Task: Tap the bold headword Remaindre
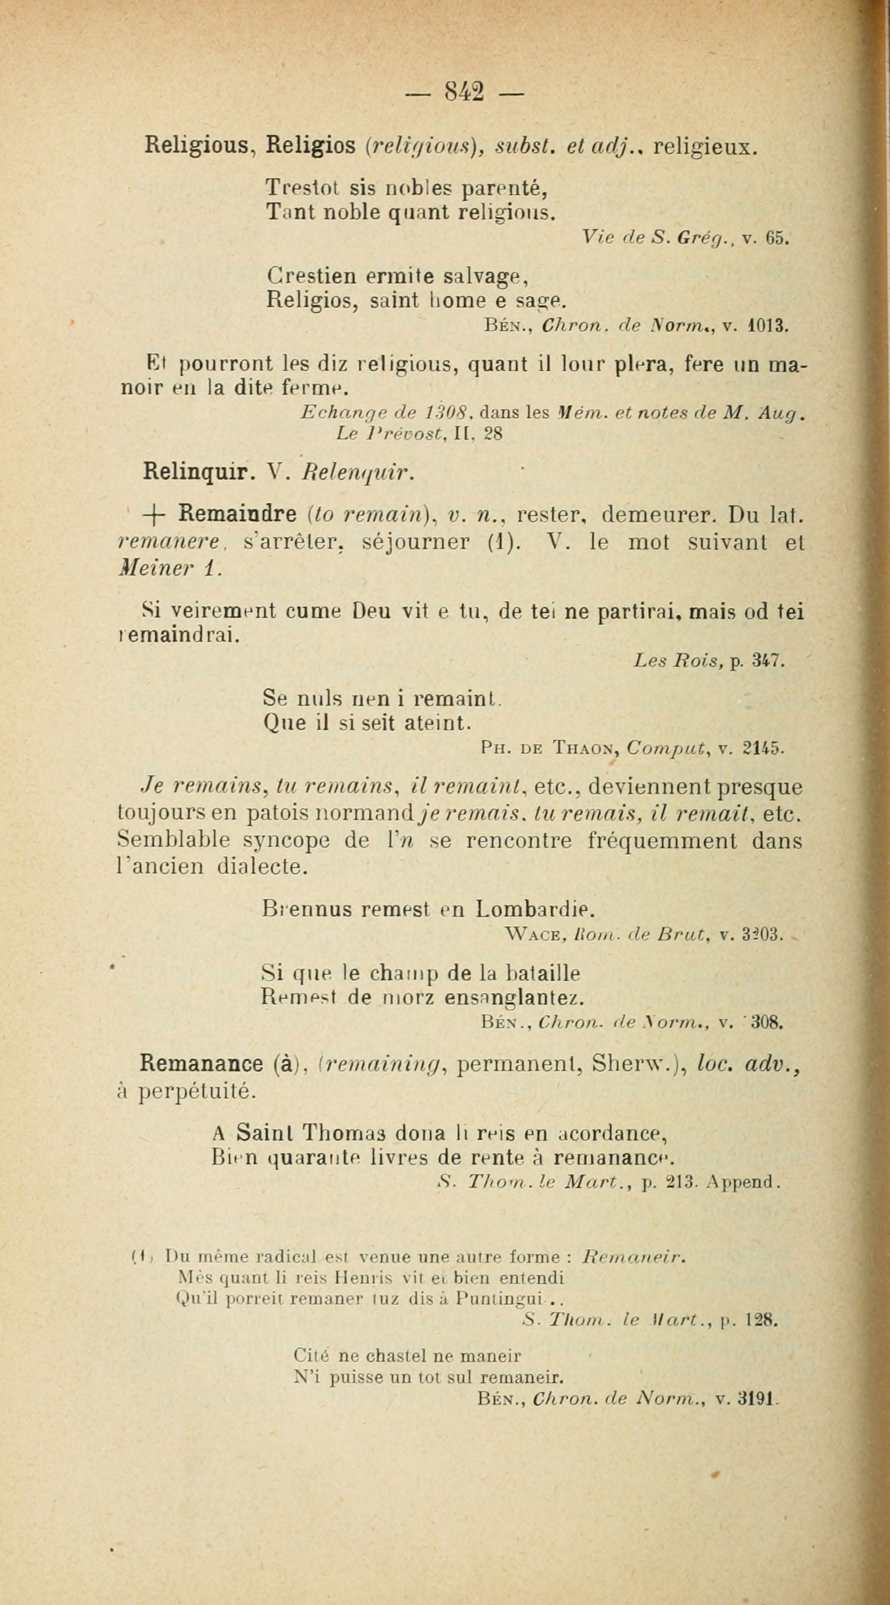(x=238, y=515)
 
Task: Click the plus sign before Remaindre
(x=153, y=516)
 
